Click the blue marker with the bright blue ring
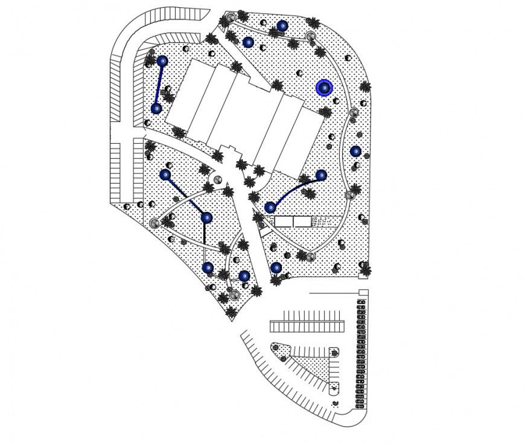[x=324, y=88]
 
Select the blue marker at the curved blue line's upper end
[x=321, y=175]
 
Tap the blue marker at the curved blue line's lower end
[x=270, y=207]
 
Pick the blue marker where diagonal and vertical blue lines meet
[x=206, y=217]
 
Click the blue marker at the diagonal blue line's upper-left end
[x=165, y=174]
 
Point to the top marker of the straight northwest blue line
[x=162, y=61]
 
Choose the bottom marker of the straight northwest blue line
[x=156, y=109]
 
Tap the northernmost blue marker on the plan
[x=282, y=26]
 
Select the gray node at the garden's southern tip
[x=234, y=295]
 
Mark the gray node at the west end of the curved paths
[x=154, y=223]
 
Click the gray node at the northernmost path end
[x=230, y=18]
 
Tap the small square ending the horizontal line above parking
[x=363, y=293]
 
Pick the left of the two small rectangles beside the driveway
[x=283, y=222]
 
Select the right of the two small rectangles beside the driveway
[x=302, y=222]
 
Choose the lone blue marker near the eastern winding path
[x=355, y=151]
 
